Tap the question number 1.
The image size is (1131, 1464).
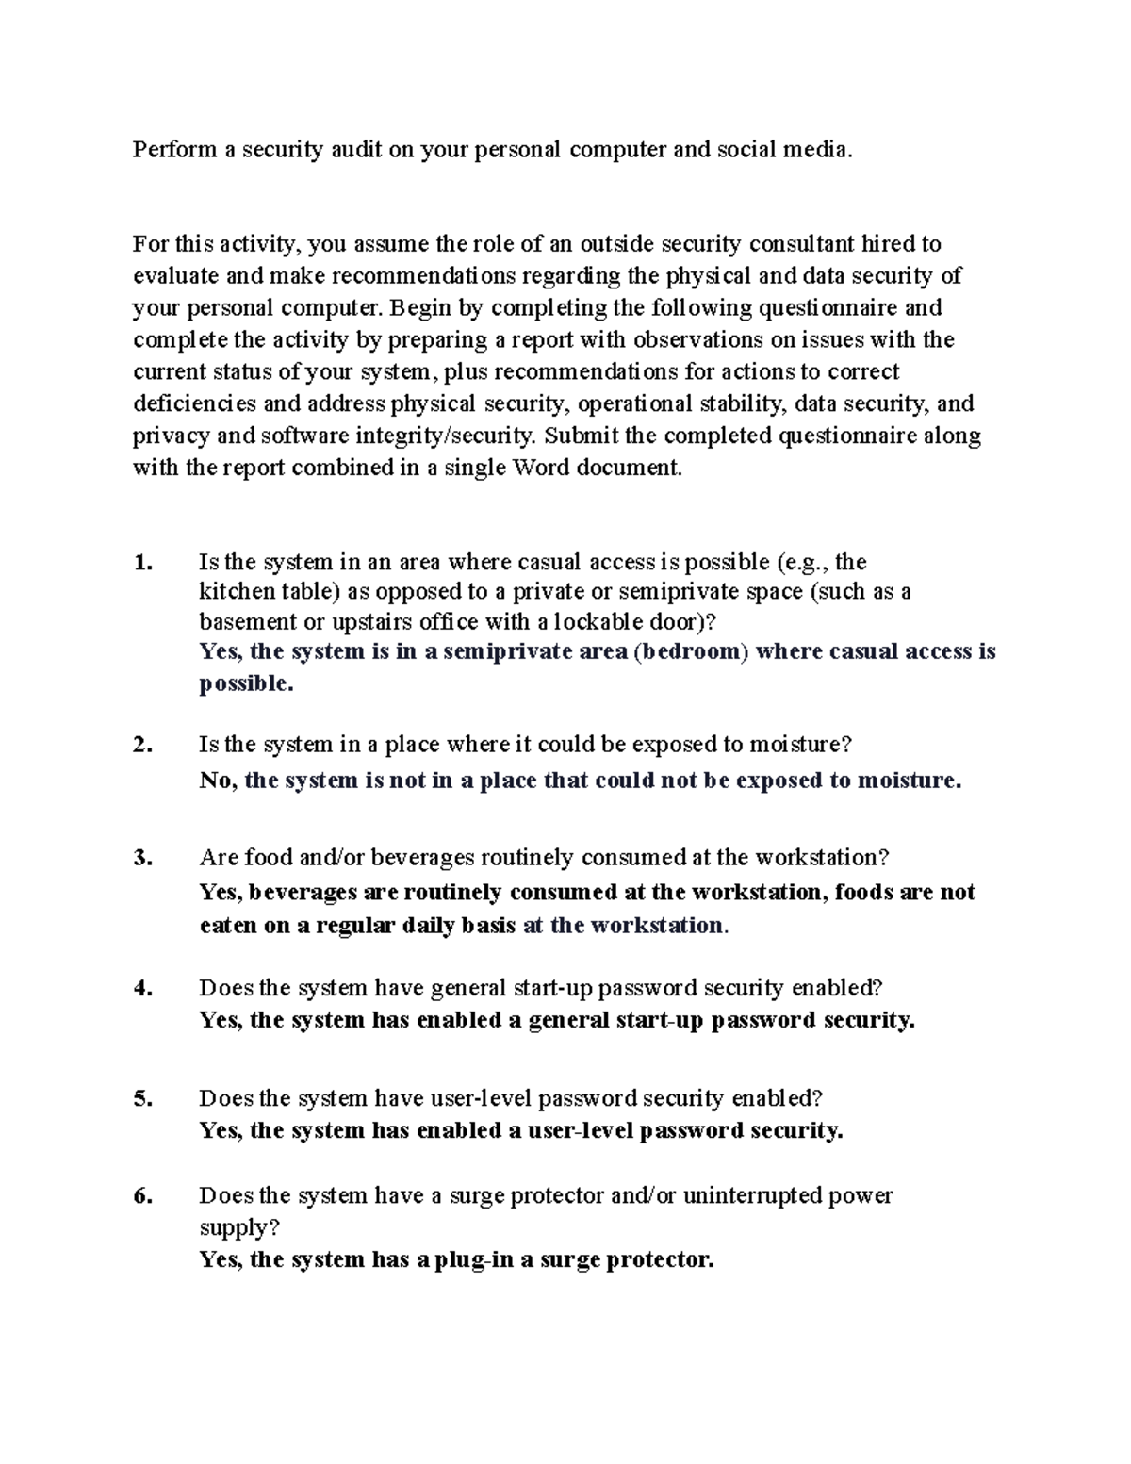(x=142, y=563)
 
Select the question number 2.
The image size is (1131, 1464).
(x=142, y=745)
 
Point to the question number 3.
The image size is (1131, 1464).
(x=142, y=858)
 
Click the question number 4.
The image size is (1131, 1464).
(x=142, y=988)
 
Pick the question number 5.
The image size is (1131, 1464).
(x=142, y=1098)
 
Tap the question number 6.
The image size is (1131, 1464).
(x=142, y=1196)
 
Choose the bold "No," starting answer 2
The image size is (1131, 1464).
(x=218, y=781)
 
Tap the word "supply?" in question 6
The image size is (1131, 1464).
(x=239, y=1228)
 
